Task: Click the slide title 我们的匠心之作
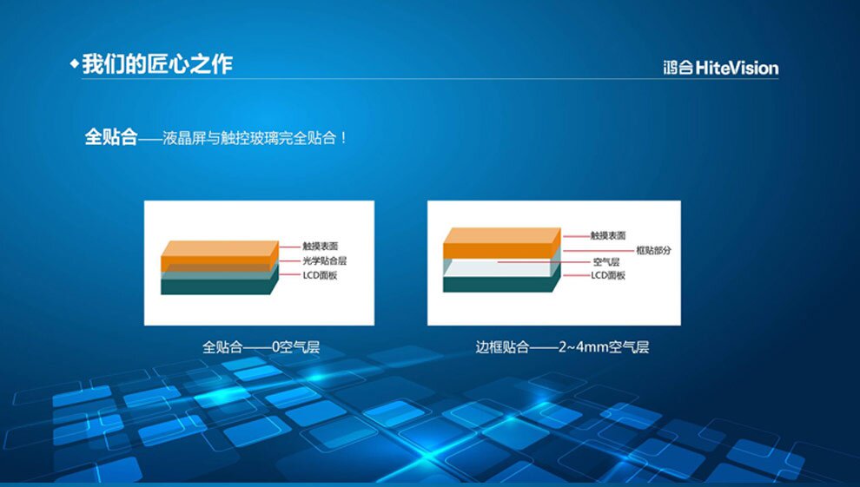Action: [x=157, y=64]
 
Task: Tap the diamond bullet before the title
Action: [x=75, y=63]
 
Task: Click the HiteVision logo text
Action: [x=721, y=68]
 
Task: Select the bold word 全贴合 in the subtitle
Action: [x=111, y=137]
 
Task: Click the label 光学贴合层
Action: [x=325, y=260]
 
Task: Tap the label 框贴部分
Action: [x=654, y=250]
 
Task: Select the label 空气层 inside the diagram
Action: [x=606, y=262]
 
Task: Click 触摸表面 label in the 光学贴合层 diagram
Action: [x=321, y=247]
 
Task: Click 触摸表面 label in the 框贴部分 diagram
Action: [x=608, y=235]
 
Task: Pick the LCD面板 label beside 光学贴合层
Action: [x=320, y=275]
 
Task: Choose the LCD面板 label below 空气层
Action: [x=608, y=275]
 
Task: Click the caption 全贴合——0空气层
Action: [x=261, y=346]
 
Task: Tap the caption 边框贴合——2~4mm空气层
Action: [x=562, y=346]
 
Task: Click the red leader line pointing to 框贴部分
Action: [x=599, y=251]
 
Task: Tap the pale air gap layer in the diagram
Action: [x=497, y=268]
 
